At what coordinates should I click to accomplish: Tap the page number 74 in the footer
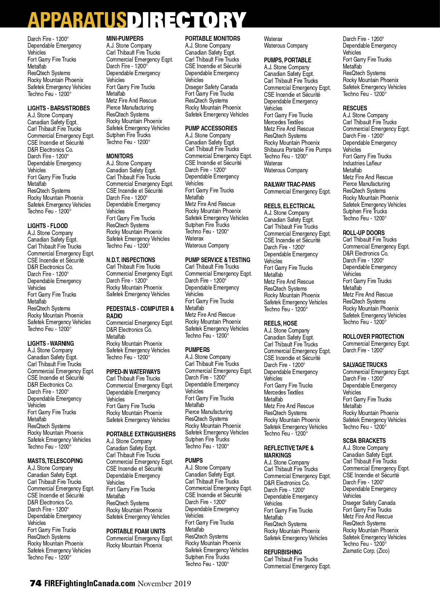pyautogui.click(x=36, y=583)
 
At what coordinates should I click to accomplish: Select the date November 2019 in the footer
pyautogui.click(x=164, y=583)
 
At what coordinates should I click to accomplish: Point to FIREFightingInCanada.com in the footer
pyautogui.click(x=90, y=583)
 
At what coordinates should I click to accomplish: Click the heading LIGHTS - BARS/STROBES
pyautogui.click(x=59, y=108)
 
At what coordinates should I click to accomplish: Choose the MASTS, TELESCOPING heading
pyautogui.click(x=55, y=461)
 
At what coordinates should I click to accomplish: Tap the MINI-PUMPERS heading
pyautogui.click(x=125, y=38)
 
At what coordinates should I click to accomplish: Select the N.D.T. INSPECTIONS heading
pyautogui.click(x=131, y=260)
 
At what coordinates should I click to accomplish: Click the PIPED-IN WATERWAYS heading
pyautogui.click(x=133, y=372)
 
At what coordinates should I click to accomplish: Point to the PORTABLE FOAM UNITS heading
pyautogui.click(x=136, y=531)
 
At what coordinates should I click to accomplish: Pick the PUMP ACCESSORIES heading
pyautogui.click(x=211, y=128)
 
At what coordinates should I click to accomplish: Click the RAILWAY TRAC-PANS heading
pyautogui.click(x=290, y=184)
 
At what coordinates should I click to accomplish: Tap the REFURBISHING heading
pyautogui.click(x=283, y=552)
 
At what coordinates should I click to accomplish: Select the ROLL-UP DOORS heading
pyautogui.click(x=364, y=233)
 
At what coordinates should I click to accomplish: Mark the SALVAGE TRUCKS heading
pyautogui.click(x=365, y=365)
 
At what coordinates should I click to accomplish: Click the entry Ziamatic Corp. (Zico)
pyautogui.click(x=366, y=551)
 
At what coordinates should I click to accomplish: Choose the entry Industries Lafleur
pyautogui.click(x=362, y=163)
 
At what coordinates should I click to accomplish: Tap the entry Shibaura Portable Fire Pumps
pyautogui.click(x=297, y=150)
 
